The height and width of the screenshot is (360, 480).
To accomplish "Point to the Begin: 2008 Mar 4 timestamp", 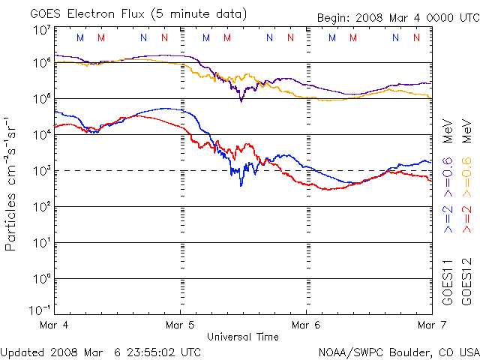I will click(382, 17).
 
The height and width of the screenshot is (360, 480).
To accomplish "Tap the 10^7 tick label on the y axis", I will click(40, 31).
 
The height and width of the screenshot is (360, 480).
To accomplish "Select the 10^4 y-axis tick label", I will click(40, 133).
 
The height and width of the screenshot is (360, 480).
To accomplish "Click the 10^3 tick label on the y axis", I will click(40, 169).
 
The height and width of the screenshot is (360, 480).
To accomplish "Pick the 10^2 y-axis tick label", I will click(40, 205).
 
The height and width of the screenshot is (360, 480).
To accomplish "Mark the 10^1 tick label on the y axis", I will click(40, 241).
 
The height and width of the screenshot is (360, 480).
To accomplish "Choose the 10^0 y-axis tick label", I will click(40, 277).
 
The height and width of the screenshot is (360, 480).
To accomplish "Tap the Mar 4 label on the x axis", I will click(55, 325).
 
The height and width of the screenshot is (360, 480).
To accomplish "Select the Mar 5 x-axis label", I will click(181, 325).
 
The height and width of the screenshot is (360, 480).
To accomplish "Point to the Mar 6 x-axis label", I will click(306, 325).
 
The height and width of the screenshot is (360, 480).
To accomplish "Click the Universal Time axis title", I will click(244, 336).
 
